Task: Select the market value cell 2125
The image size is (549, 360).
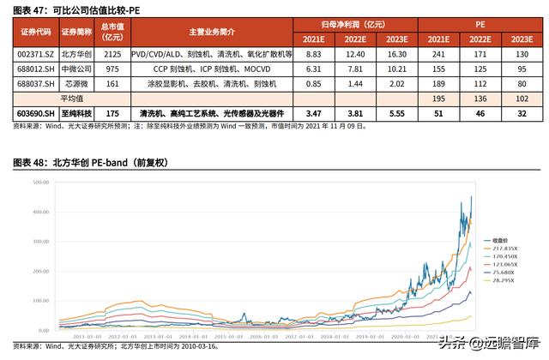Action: point(112,54)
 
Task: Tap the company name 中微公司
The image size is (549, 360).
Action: point(75,69)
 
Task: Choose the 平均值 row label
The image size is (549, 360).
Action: point(75,99)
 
